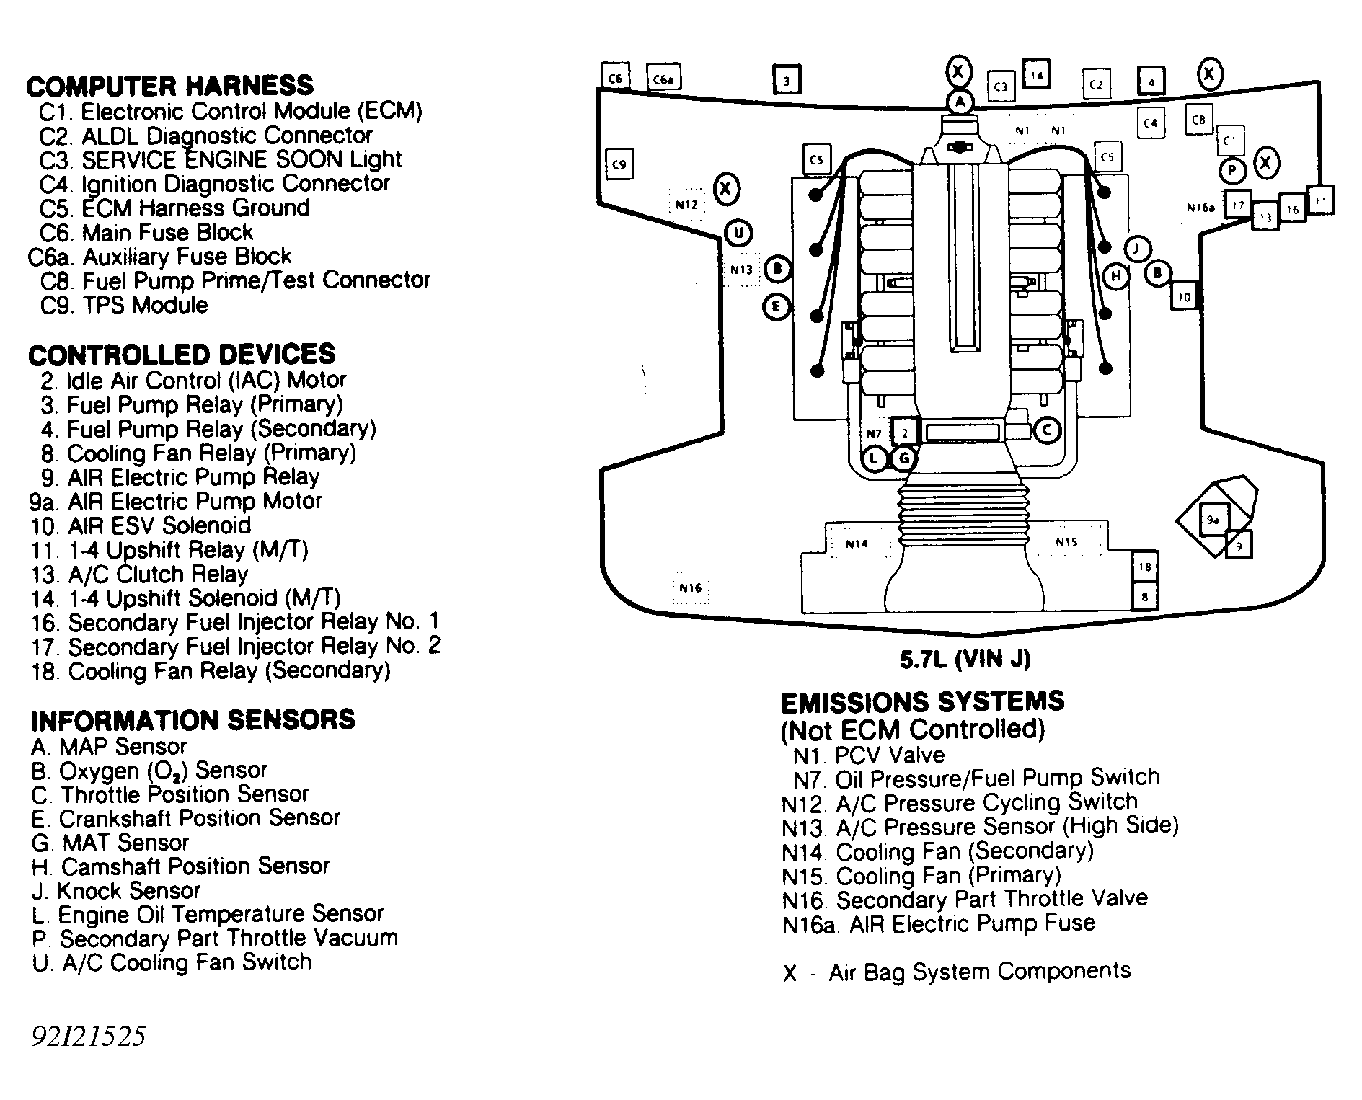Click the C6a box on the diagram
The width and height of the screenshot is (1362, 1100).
pyautogui.click(x=663, y=79)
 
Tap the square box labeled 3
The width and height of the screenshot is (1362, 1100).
pyautogui.click(x=787, y=80)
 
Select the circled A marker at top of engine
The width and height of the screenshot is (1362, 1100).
pyautogui.click(x=960, y=102)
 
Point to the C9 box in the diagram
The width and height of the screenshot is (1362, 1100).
pyautogui.click(x=619, y=164)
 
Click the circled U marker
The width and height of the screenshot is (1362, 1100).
pyautogui.click(x=738, y=233)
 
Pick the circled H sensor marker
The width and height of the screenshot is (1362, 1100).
pyautogui.click(x=1115, y=276)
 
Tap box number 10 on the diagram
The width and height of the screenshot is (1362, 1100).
pyautogui.click(x=1184, y=296)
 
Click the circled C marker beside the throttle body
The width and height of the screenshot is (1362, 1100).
pyautogui.click(x=1046, y=431)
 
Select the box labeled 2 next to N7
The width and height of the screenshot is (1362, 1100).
pyautogui.click(x=905, y=433)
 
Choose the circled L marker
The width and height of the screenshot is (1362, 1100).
pyautogui.click(x=875, y=458)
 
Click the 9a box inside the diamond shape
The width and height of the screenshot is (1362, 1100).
pyautogui.click(x=1213, y=520)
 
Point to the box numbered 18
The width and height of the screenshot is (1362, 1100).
pyautogui.click(x=1145, y=567)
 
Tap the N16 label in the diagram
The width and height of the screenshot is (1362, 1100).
pyautogui.click(x=690, y=588)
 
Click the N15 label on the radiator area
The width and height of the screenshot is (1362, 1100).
pyautogui.click(x=1066, y=542)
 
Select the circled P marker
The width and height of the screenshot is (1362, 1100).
pyautogui.click(x=1232, y=171)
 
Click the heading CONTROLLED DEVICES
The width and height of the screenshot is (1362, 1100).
pyautogui.click(x=182, y=355)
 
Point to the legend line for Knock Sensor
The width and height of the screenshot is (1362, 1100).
pyautogui.click(x=116, y=891)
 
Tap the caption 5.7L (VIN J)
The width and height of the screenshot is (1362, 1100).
pyautogui.click(x=965, y=659)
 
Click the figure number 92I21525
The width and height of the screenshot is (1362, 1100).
pyautogui.click(x=88, y=1037)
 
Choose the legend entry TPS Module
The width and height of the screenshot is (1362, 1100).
pyautogui.click(x=124, y=305)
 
